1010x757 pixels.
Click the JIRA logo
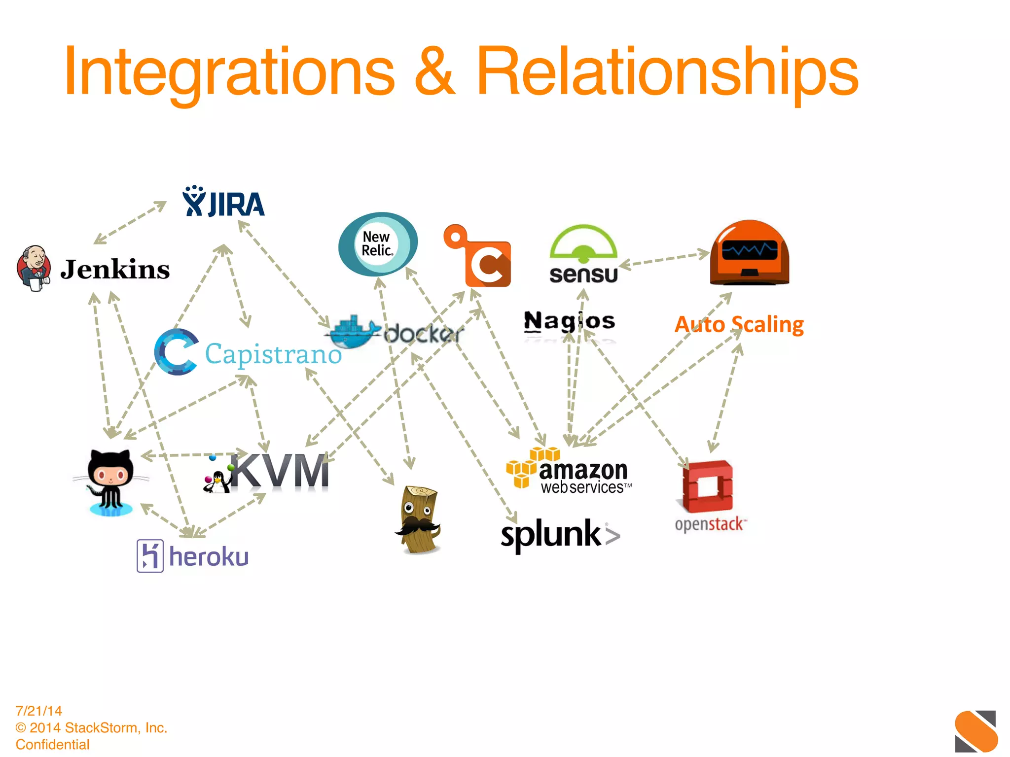pyautogui.click(x=223, y=202)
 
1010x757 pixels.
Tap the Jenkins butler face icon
pyautogui.click(x=34, y=268)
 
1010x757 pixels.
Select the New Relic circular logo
pyautogui.click(x=378, y=244)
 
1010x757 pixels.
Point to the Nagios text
pyautogui.click(x=569, y=321)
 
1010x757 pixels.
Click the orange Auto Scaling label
pyautogui.click(x=739, y=324)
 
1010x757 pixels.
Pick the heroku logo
pyautogui.click(x=193, y=556)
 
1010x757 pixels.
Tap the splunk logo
pyautogui.click(x=560, y=534)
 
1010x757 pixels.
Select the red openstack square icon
pyautogui.click(x=708, y=486)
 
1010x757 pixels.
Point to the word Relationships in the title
pyautogui.click(x=667, y=71)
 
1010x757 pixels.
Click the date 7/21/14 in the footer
pyautogui.click(x=39, y=711)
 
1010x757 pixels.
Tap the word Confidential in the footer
pyautogui.click(x=53, y=744)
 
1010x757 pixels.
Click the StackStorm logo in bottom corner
pyautogui.click(x=975, y=731)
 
